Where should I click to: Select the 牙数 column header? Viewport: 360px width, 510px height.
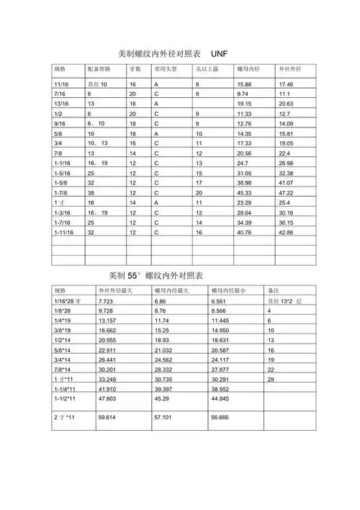point(135,70)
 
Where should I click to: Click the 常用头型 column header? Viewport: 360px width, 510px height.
point(166,70)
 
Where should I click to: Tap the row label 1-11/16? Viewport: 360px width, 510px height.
point(65,233)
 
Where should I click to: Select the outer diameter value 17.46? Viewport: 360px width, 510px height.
point(286,84)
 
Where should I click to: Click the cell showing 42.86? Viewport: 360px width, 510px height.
point(286,233)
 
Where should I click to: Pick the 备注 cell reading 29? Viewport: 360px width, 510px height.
point(271,379)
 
